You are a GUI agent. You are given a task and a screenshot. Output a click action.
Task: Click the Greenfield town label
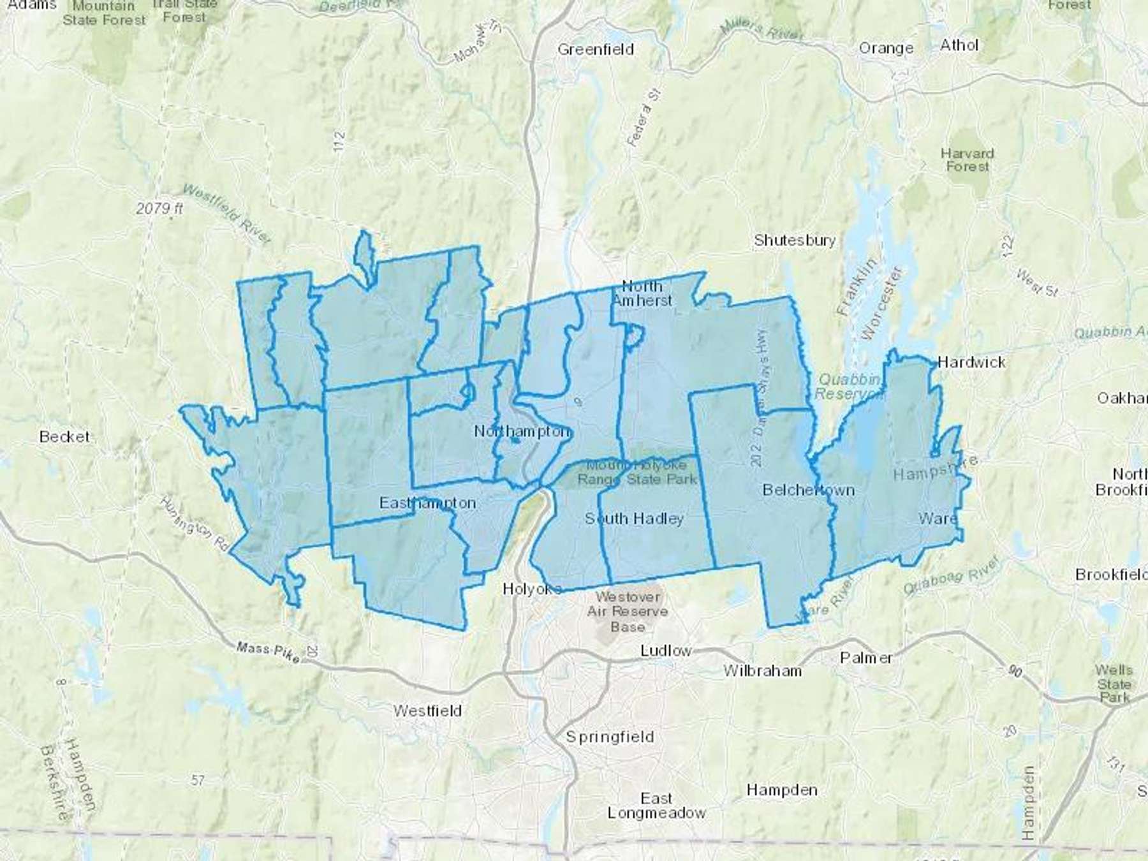coord(595,49)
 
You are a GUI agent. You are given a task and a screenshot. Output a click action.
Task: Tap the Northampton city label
coord(521,432)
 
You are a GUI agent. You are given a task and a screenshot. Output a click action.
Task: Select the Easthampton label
coord(427,503)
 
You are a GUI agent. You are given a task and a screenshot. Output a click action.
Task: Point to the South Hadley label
coord(634,519)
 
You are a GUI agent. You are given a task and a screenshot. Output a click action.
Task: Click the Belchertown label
coord(809,490)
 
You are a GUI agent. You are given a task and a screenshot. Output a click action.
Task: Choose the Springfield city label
coord(610,737)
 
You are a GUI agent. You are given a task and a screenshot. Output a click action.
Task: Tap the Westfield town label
coord(427,710)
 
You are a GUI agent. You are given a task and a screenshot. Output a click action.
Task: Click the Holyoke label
coord(532,589)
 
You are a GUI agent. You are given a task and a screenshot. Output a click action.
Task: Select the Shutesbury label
coord(795,240)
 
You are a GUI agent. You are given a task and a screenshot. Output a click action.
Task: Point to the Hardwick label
coord(971,362)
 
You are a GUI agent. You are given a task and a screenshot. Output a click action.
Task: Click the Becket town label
coord(64,437)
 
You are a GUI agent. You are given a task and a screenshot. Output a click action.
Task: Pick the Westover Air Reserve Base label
coord(628,612)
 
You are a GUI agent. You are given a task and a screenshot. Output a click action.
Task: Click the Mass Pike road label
coord(267,651)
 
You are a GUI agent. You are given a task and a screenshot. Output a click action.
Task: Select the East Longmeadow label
coord(656,806)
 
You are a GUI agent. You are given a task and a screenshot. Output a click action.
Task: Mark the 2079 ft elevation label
coord(159,208)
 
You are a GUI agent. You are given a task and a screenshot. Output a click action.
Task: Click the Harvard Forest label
coord(967,159)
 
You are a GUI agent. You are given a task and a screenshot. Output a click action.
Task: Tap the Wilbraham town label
coord(762,670)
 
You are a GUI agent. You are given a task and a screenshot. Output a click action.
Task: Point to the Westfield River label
coord(227,213)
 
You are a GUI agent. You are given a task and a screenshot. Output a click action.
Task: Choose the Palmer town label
coord(866,658)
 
